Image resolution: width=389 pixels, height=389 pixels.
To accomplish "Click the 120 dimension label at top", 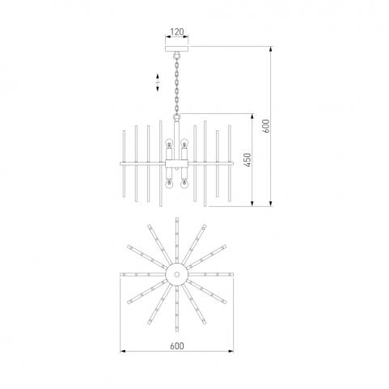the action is (x=177, y=32).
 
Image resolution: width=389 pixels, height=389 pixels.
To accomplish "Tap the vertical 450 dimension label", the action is (x=247, y=159).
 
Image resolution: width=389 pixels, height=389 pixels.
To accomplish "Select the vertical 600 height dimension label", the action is (x=266, y=126).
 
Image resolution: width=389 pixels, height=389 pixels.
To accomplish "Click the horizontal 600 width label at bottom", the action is (x=177, y=346).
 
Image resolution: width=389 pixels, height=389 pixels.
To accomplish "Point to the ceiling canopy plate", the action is (x=177, y=49).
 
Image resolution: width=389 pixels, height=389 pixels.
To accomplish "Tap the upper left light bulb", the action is (x=169, y=142).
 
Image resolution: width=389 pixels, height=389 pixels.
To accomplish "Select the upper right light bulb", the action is (x=184, y=142).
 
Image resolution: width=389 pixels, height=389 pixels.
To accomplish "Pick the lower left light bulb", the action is (x=169, y=184).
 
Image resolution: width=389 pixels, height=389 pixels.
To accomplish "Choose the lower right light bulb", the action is (x=184, y=184).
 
